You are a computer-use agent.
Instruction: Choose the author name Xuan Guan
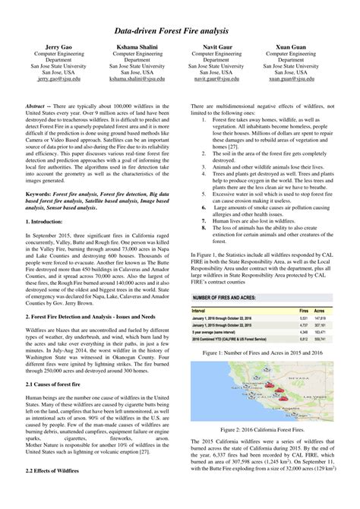coord(297,47)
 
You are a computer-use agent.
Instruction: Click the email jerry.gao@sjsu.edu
coord(52,78)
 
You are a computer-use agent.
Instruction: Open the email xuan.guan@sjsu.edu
coord(297,78)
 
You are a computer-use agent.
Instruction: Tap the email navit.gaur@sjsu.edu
coord(216,78)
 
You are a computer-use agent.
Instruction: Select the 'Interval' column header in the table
coord(201,289)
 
